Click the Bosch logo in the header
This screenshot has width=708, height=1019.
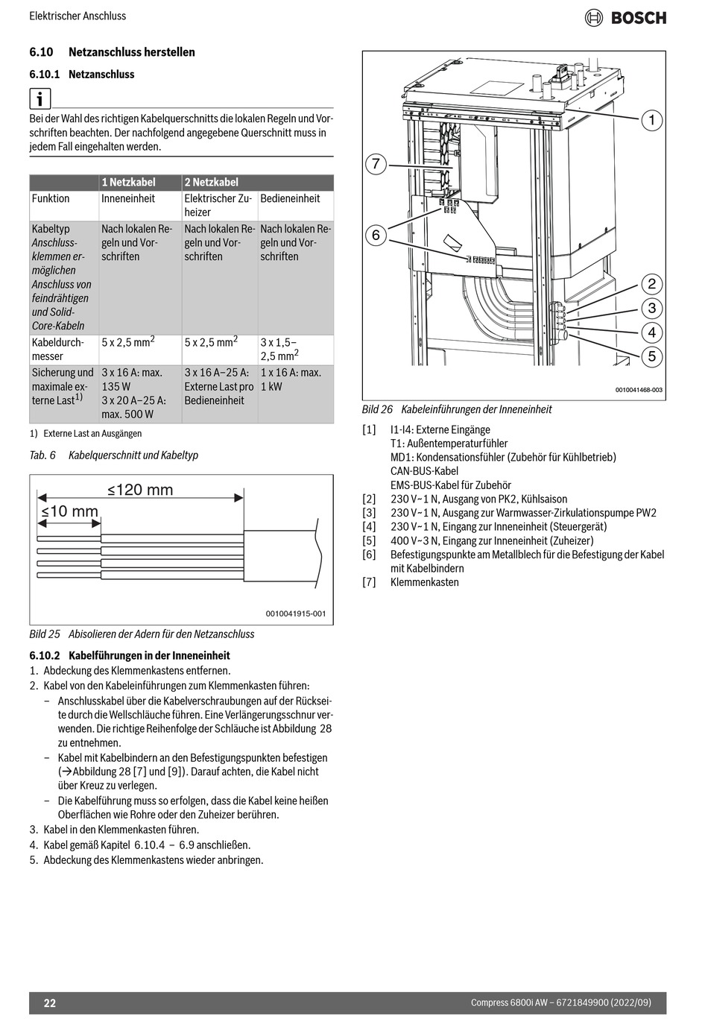(626, 17)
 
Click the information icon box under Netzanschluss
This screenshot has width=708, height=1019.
(40, 98)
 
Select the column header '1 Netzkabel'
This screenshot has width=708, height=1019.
(128, 182)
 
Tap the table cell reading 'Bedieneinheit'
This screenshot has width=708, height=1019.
(290, 198)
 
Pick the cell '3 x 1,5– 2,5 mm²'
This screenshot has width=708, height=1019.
(279, 349)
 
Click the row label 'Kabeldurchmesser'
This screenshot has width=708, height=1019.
(57, 349)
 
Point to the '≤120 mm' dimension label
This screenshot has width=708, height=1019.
(140, 490)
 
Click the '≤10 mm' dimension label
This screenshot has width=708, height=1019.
(69, 511)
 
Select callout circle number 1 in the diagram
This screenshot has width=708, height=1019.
(651, 120)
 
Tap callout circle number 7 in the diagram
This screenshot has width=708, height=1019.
(376, 164)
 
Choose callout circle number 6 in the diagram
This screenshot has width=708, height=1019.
(376, 236)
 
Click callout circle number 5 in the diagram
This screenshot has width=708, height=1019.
(651, 356)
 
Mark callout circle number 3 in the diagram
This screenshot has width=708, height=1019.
(651, 308)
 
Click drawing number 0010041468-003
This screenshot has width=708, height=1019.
(639, 390)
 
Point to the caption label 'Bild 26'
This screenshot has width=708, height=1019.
(377, 409)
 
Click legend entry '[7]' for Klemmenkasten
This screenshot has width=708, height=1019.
(370, 582)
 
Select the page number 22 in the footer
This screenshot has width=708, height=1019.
(49, 1003)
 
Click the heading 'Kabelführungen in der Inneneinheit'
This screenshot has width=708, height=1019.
(149, 656)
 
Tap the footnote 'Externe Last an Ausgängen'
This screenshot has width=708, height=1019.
(92, 433)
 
